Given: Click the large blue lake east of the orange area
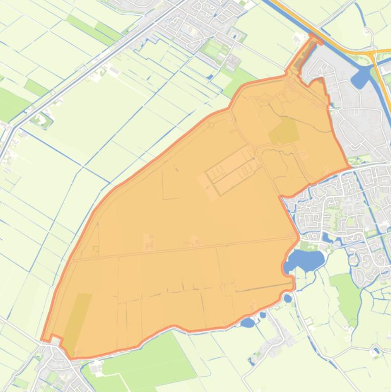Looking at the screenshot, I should tap(307, 261).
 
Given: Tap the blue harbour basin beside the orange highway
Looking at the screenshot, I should tap(361, 77).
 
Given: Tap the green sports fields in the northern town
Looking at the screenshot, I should tap(214, 48).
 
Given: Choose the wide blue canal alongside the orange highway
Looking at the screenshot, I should tap(325, 36).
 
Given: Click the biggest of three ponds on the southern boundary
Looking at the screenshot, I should tap(248, 322).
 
